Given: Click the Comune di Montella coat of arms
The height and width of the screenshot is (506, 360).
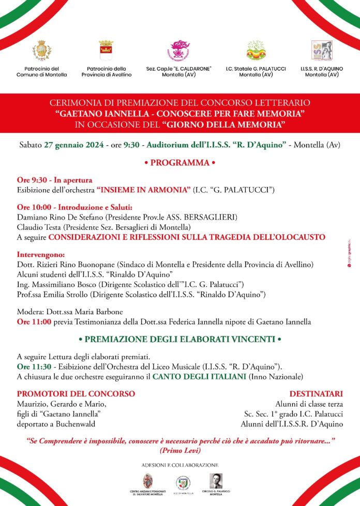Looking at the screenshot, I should point(42,51).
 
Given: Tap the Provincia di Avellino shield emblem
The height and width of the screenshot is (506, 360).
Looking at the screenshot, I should point(106,51).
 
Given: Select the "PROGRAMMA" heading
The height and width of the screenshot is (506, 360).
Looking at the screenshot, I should point(179,163).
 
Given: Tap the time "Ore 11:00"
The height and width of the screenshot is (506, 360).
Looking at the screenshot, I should point(34,322).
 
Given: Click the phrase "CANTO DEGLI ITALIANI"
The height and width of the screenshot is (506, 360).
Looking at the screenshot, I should point(199,377).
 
